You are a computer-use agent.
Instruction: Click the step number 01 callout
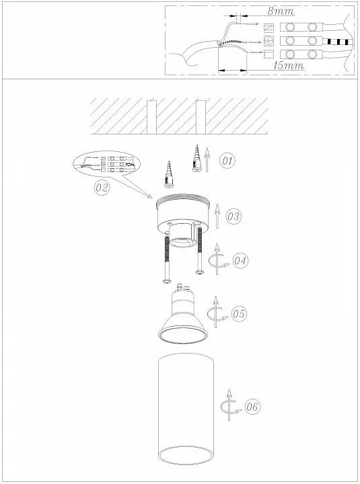pos(227,161)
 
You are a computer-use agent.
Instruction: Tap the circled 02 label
pos(102,187)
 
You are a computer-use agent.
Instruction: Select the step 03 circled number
pos(233,216)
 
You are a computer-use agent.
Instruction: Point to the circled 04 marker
pos(240,261)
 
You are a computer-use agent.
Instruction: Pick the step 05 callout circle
pos(240,314)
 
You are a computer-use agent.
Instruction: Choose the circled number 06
pos(252,407)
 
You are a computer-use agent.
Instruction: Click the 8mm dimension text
pos(281,11)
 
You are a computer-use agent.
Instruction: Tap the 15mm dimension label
pos(289,65)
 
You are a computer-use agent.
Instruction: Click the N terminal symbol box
pos(269,28)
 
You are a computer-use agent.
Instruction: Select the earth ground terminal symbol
pos(269,40)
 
